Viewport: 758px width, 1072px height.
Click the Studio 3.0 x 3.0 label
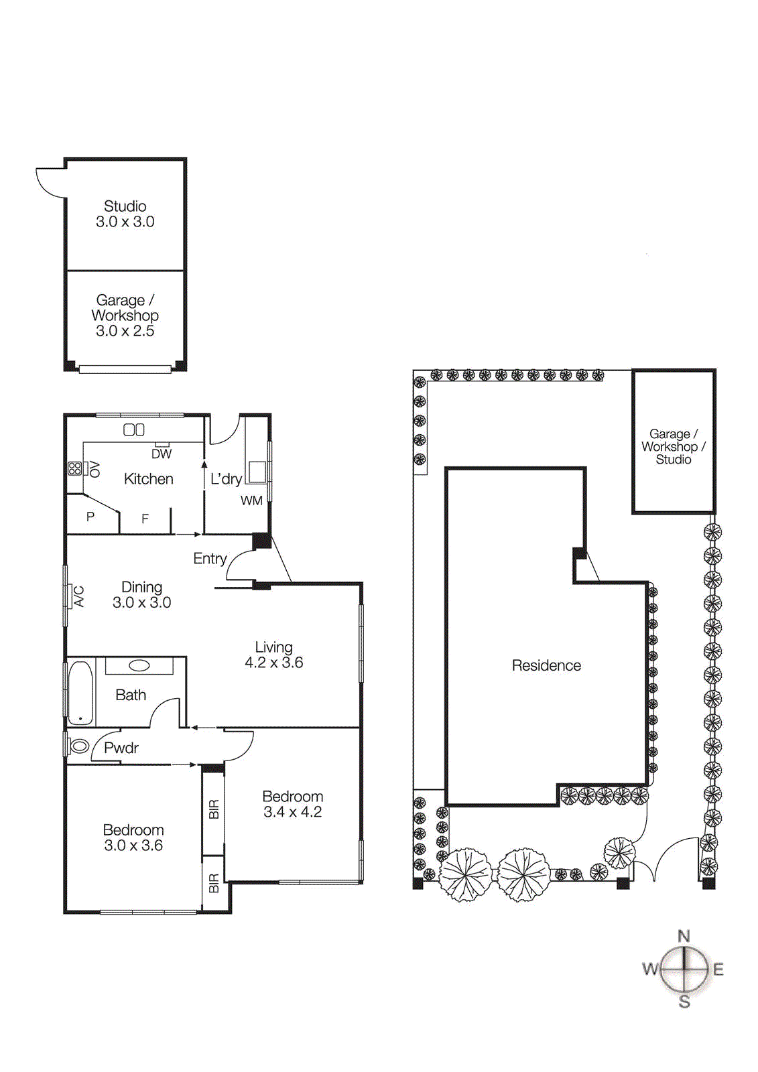[x=125, y=214]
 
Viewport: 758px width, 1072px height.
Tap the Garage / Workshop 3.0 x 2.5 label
[x=125, y=315]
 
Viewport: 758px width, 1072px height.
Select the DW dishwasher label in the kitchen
[x=162, y=454]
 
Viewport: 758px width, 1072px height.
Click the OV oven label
[x=94, y=468]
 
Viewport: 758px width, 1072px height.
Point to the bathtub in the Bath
[x=80, y=692]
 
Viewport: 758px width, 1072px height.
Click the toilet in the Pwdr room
[x=79, y=746]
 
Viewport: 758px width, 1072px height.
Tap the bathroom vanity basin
[x=139, y=665]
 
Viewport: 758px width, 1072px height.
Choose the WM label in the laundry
[x=251, y=500]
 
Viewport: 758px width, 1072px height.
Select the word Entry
[x=210, y=558]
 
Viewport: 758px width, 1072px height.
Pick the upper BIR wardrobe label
[x=214, y=809]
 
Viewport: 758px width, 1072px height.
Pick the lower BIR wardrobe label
[x=214, y=883]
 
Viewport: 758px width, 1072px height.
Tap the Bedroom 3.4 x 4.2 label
[x=292, y=804]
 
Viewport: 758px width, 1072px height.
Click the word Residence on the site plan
[x=546, y=665]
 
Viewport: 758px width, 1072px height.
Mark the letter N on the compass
[x=684, y=936]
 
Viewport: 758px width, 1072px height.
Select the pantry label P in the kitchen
[x=90, y=517]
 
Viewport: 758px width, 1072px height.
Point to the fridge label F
[x=145, y=519]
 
